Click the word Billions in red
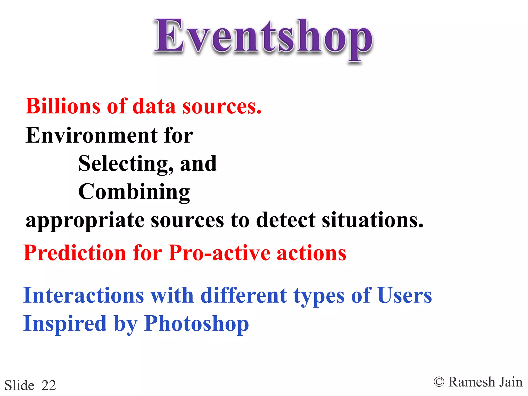click(63, 106)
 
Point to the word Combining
click(134, 192)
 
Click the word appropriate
click(85, 221)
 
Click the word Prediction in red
click(75, 253)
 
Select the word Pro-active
click(219, 253)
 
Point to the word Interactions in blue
click(84, 295)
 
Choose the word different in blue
click(244, 295)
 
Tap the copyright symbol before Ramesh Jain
click(439, 382)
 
